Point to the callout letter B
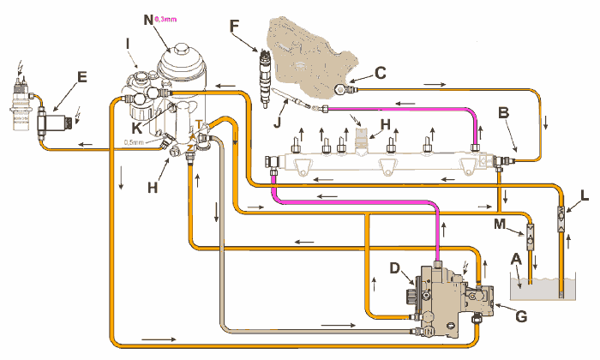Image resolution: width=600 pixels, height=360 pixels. click(x=505, y=112)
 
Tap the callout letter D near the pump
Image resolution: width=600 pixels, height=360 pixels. click(x=395, y=269)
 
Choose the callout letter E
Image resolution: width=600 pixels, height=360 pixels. click(x=81, y=76)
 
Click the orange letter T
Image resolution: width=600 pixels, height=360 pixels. click(x=200, y=125)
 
